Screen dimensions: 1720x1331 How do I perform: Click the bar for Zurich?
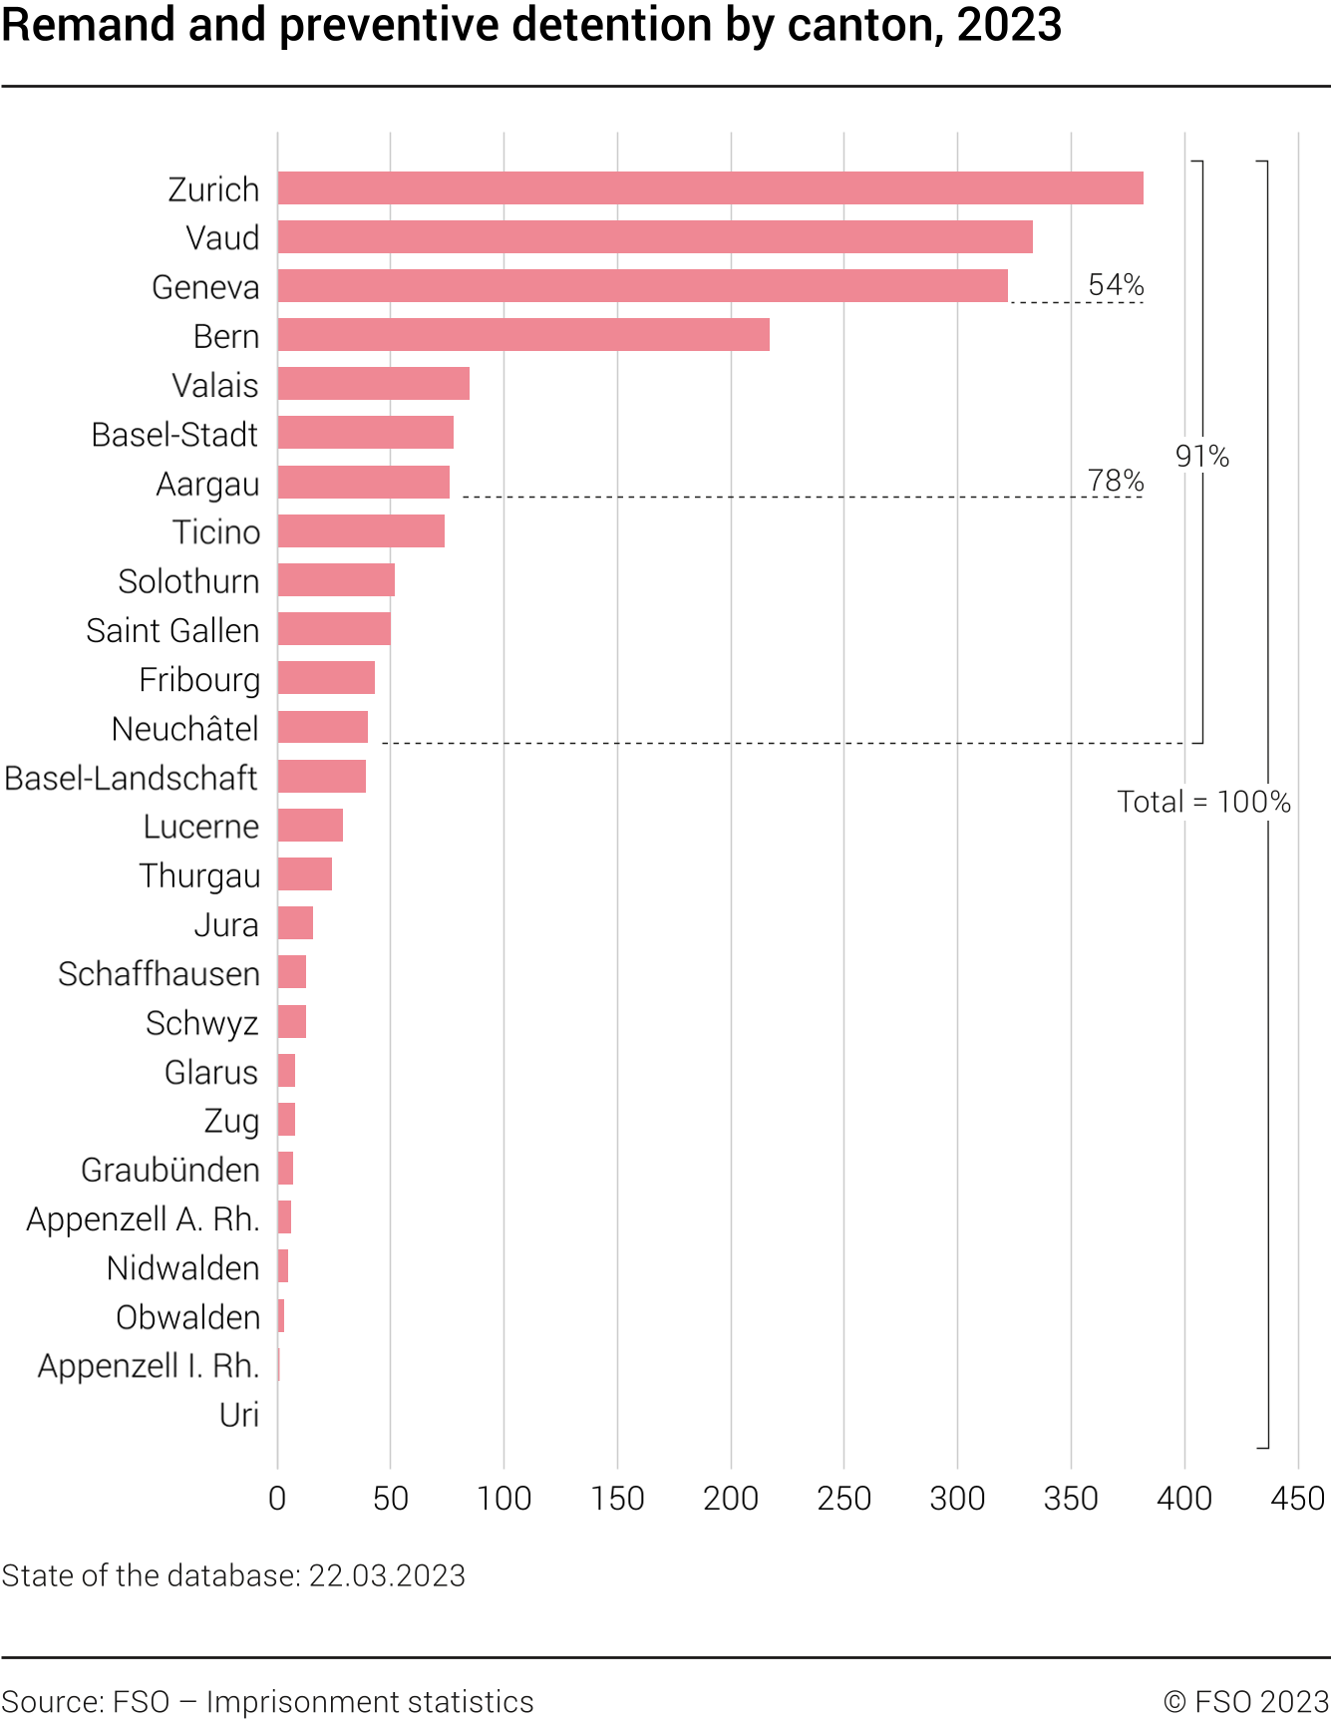[x=710, y=188]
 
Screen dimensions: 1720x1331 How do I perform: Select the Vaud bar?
[x=655, y=237]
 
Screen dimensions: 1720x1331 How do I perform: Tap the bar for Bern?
[x=523, y=335]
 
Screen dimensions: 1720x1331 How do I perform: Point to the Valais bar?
[x=374, y=384]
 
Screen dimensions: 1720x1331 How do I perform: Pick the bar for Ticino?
[x=361, y=531]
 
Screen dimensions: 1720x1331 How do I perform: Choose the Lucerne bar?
[x=310, y=826]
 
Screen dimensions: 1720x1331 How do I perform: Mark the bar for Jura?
[x=295, y=923]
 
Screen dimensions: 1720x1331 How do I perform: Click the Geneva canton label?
[x=205, y=287]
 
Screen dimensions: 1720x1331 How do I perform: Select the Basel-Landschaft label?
[x=132, y=778]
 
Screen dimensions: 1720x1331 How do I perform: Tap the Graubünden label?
[x=170, y=1170]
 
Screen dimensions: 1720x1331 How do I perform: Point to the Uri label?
[x=239, y=1415]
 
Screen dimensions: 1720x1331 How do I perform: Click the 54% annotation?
[x=1116, y=285]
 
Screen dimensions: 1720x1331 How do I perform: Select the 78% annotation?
[x=1116, y=481]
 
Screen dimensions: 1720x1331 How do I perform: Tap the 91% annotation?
[x=1202, y=457]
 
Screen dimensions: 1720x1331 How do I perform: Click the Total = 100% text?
[x=1203, y=802]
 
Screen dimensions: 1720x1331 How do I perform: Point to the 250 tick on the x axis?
[x=843, y=1498]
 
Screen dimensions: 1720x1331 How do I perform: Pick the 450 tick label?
[x=1297, y=1498]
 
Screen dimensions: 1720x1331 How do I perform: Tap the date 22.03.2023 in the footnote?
[x=387, y=1575]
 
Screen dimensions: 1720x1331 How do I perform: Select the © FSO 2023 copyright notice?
[x=1246, y=1701]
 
